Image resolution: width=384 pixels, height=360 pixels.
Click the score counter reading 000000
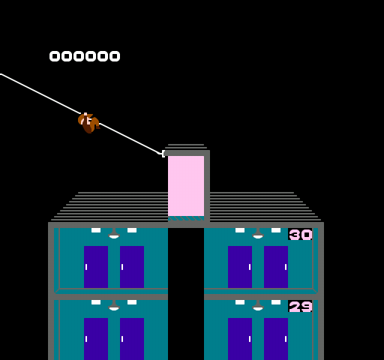click(x=85, y=56)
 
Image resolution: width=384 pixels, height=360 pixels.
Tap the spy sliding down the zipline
click(x=89, y=123)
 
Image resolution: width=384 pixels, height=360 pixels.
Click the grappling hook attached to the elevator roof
click(x=162, y=153)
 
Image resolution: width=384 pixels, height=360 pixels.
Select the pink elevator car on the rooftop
click(x=186, y=186)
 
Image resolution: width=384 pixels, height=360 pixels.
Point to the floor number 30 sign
click(x=300, y=234)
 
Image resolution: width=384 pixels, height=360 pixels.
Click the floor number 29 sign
click(x=300, y=306)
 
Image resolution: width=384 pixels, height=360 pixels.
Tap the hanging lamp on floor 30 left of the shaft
click(x=114, y=233)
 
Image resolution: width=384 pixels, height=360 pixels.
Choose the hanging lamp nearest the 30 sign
click(x=258, y=233)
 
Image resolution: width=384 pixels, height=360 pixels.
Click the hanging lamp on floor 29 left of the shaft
click(x=114, y=305)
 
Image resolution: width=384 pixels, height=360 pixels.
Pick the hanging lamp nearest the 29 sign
click(x=258, y=305)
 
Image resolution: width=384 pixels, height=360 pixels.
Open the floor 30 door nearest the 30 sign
click(x=276, y=267)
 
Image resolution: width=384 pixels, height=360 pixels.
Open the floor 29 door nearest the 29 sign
click(x=276, y=339)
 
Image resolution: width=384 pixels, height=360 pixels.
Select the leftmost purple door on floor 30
click(x=96, y=267)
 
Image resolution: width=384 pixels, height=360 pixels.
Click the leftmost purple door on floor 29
click(x=96, y=339)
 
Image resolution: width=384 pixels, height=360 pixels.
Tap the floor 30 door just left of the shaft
click(x=132, y=267)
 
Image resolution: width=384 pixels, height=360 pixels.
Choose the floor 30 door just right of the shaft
click(x=240, y=267)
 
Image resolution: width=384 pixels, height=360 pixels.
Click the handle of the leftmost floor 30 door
click(x=86, y=267)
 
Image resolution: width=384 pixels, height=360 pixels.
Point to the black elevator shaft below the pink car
click(x=186, y=294)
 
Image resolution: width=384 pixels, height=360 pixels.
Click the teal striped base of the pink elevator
click(x=186, y=218)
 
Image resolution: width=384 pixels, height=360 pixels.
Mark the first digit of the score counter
click(x=55, y=56)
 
